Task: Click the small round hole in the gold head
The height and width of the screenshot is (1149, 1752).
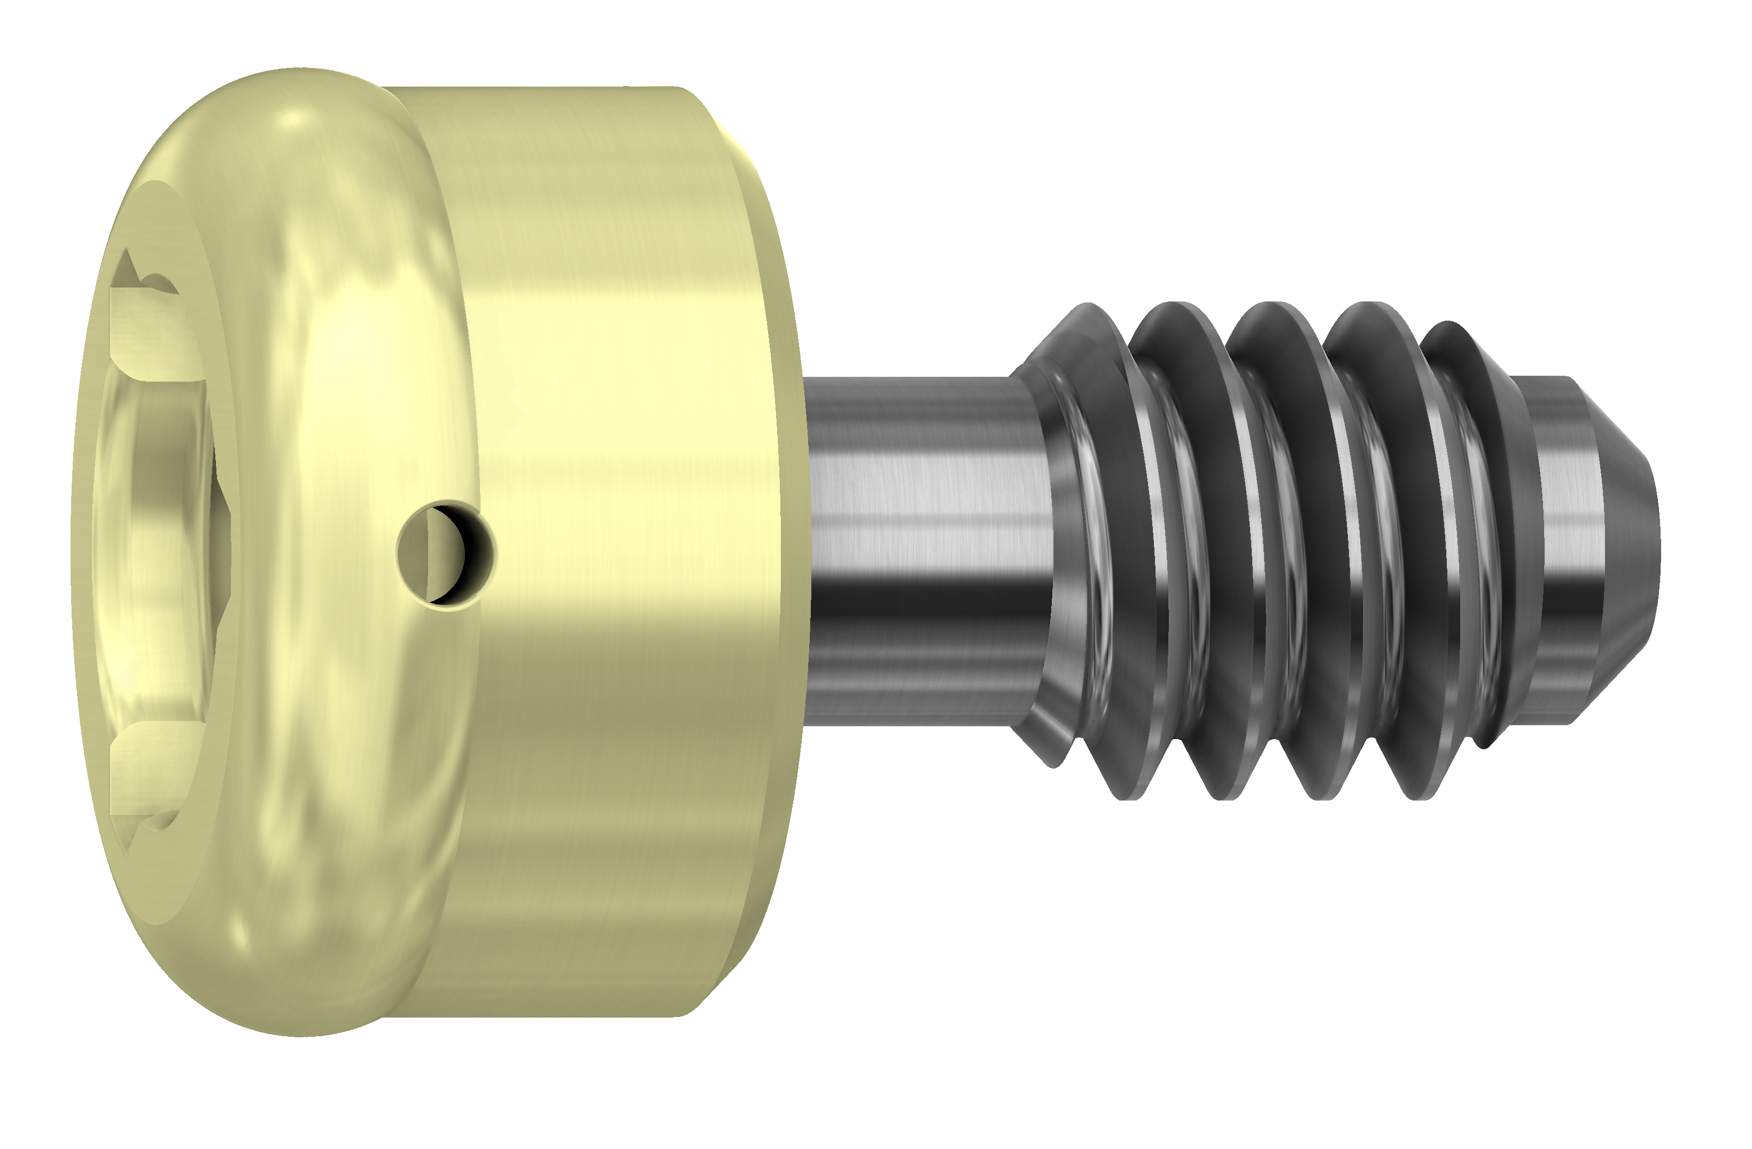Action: point(445,554)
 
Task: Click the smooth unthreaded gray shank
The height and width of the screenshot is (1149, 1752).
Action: point(927,545)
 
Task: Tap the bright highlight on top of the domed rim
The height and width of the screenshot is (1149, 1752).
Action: point(294,118)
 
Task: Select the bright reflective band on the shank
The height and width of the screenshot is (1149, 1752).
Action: point(927,478)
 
